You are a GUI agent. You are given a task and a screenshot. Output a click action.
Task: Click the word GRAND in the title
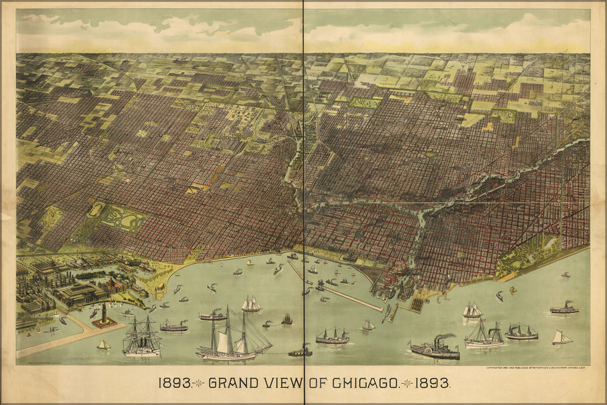(233, 383)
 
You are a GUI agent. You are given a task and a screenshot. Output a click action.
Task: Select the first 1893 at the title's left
(174, 383)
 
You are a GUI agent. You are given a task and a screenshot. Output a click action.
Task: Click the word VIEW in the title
(282, 383)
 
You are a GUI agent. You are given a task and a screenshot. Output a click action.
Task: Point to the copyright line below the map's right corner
(537, 368)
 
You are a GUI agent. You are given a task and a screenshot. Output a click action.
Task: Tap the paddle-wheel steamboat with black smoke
(435, 349)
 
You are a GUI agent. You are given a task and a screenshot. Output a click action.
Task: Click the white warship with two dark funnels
(141, 340)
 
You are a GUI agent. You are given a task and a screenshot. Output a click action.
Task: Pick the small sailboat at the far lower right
(560, 338)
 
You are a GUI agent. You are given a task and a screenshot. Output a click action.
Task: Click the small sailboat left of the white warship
(104, 345)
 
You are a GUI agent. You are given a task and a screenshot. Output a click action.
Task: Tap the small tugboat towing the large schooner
(300, 351)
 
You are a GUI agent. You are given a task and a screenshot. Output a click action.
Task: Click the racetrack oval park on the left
(96, 209)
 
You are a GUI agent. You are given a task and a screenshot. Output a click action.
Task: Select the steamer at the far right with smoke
(564, 308)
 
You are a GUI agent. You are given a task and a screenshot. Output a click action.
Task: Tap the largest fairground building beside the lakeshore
(82, 294)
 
